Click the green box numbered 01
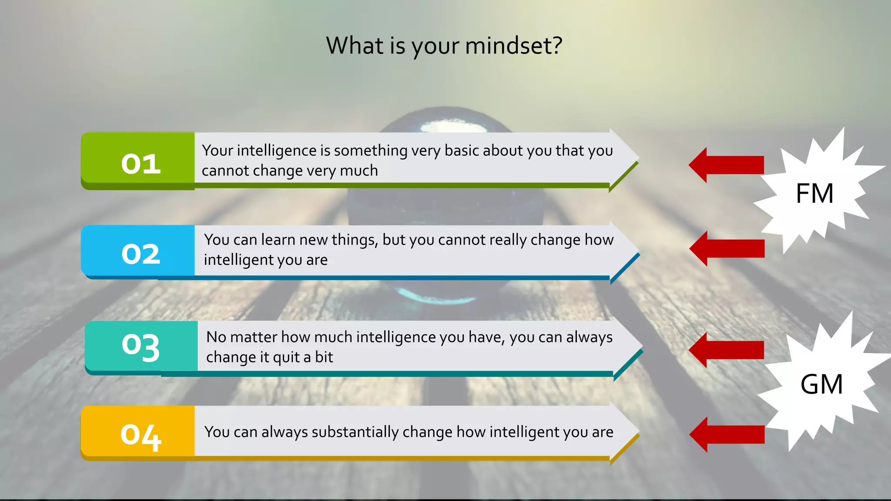138,161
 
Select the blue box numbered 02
138,251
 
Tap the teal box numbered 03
141,347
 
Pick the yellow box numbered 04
138,432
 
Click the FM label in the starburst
814,194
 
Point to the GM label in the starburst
821,384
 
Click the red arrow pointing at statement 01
727,165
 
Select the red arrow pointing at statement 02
727,248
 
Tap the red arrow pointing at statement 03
727,350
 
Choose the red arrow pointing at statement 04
727,434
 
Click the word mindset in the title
514,46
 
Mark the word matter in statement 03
254,337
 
